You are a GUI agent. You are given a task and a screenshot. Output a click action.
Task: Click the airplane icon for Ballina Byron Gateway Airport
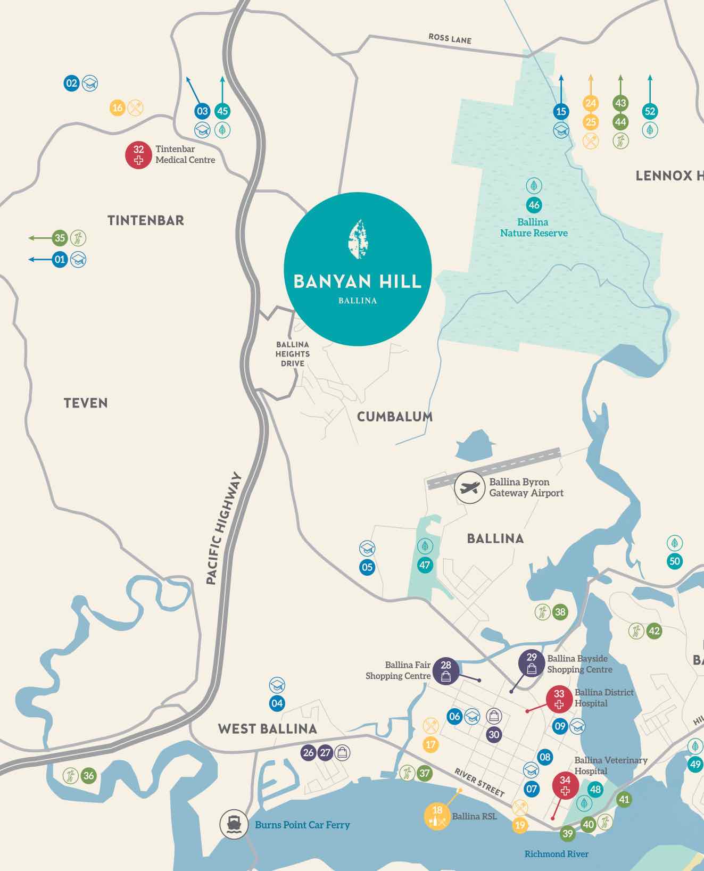[x=469, y=487]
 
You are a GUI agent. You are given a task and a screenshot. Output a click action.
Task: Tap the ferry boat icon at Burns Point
[x=234, y=824]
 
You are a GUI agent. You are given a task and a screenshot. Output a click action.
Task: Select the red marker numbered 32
[x=139, y=155]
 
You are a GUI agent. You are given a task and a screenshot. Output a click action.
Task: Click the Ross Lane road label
[x=450, y=38]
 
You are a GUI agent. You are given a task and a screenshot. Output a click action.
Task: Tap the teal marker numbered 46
[x=534, y=205]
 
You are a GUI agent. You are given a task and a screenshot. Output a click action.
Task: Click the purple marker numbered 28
[x=446, y=670]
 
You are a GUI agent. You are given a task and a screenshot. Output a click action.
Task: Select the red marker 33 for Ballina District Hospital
[x=559, y=699]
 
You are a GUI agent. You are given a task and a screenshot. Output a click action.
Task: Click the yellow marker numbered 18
[x=437, y=815]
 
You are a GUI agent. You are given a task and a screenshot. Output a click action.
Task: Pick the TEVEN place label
[x=86, y=403]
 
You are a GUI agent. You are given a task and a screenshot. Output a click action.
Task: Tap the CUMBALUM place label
[x=394, y=417]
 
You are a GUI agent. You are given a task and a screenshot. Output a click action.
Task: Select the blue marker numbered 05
[x=367, y=567]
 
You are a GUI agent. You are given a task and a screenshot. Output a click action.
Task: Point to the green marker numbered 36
[x=88, y=776]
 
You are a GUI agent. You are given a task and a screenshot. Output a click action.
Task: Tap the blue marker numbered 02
[x=71, y=83]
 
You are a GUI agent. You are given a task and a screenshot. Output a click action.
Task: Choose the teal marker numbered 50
[x=675, y=561]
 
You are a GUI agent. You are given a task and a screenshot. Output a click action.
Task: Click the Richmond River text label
[x=556, y=854]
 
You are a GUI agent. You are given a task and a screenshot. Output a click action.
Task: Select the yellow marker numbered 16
[x=118, y=108]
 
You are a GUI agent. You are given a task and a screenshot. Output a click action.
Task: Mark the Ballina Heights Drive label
[x=293, y=354]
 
